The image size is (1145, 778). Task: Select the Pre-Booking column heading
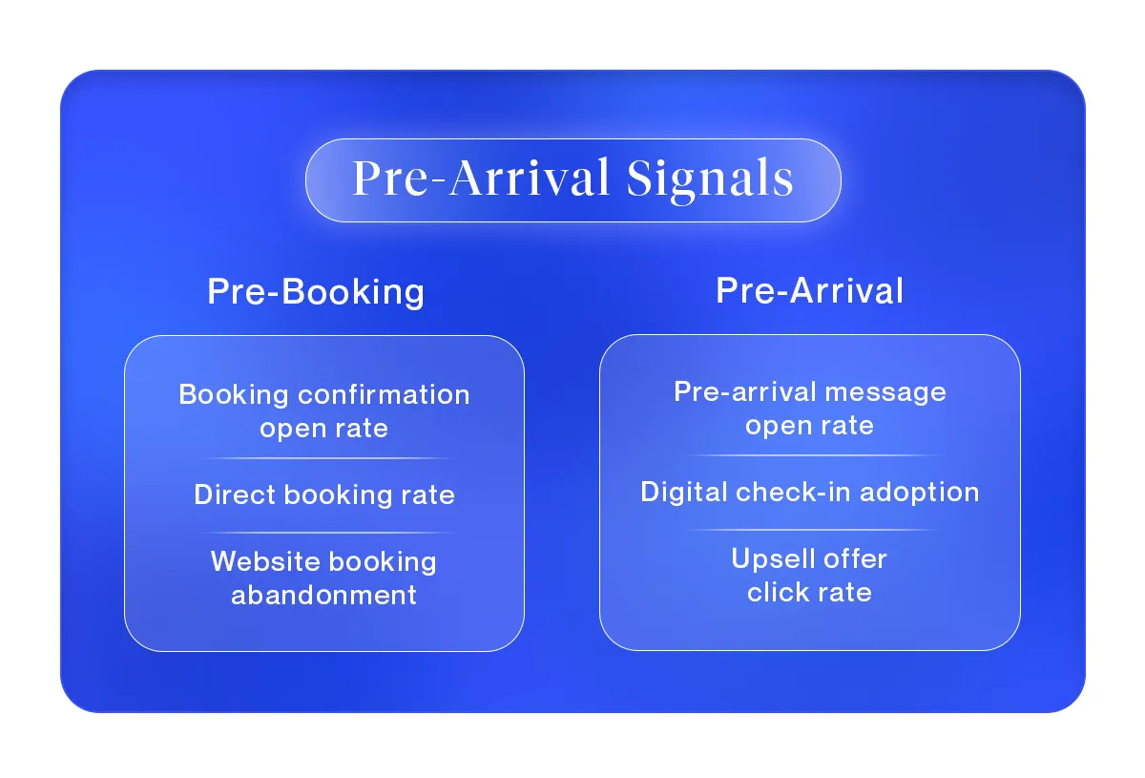(316, 292)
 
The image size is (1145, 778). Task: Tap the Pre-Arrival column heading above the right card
(809, 291)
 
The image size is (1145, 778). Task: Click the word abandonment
(324, 595)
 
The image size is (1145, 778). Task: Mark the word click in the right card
(775, 592)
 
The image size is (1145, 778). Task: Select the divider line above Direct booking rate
(324, 459)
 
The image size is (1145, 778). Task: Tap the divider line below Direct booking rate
(324, 532)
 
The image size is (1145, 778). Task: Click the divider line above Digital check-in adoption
(809, 456)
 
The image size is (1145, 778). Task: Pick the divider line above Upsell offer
(809, 529)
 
